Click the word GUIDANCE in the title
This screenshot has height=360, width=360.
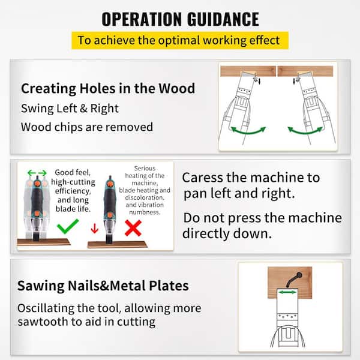(x=223, y=19)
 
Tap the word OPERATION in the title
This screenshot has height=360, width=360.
(x=142, y=19)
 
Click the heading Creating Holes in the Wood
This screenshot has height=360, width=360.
(x=108, y=88)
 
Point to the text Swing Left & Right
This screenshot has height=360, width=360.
(x=70, y=109)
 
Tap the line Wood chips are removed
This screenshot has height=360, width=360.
(x=87, y=127)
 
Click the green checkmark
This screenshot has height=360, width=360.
(x=68, y=226)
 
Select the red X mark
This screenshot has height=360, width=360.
(x=133, y=228)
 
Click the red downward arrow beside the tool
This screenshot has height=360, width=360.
(x=95, y=229)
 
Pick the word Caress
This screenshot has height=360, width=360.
(x=203, y=178)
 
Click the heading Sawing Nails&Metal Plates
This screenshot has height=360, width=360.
(x=103, y=286)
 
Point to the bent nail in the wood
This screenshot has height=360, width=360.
(x=294, y=280)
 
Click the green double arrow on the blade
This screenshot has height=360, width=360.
(x=287, y=292)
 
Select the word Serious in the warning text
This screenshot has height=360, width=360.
(x=145, y=168)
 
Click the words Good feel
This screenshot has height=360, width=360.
(x=73, y=172)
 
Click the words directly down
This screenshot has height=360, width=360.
(x=227, y=234)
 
